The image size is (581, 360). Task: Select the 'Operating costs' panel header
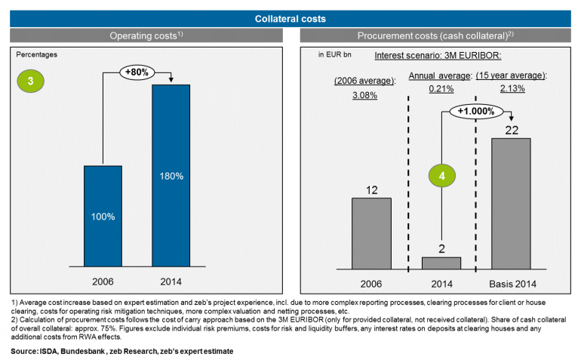point(146,35)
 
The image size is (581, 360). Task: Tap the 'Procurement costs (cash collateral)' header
point(437,35)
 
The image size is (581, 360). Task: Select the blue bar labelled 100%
point(103,215)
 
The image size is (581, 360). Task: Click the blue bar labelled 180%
point(171,175)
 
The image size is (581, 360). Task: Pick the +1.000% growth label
point(477,112)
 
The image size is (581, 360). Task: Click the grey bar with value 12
point(372,232)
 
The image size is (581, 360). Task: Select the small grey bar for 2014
point(441,262)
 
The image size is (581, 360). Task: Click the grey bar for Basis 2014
point(511,203)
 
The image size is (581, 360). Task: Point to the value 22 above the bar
point(511,129)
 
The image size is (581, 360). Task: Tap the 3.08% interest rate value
point(364,95)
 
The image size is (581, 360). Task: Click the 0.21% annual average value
point(441,89)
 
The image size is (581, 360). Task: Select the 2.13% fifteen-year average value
point(511,89)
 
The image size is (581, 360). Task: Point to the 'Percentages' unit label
point(37,54)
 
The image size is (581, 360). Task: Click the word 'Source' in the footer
point(26,352)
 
